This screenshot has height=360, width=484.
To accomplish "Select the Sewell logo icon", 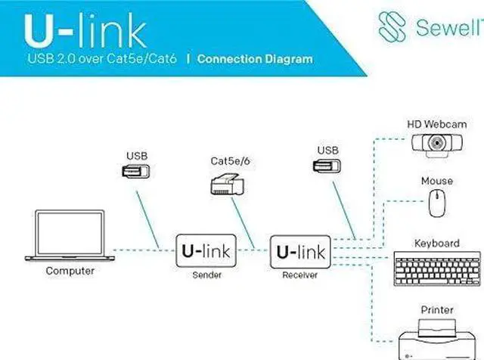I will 394,26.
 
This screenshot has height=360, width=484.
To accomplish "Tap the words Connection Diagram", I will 254,59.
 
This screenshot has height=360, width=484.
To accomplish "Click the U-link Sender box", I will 206,250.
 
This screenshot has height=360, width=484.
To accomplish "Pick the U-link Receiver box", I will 300,251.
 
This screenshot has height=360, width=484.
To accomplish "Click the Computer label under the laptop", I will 70,271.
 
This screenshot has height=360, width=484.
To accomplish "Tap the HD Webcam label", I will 436,123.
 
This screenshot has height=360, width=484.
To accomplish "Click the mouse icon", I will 436,203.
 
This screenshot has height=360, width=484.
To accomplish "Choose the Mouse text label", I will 436,182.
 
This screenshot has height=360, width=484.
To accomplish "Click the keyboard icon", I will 436,268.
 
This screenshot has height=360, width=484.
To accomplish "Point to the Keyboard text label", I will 436,244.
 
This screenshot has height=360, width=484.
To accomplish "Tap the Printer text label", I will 436,310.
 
